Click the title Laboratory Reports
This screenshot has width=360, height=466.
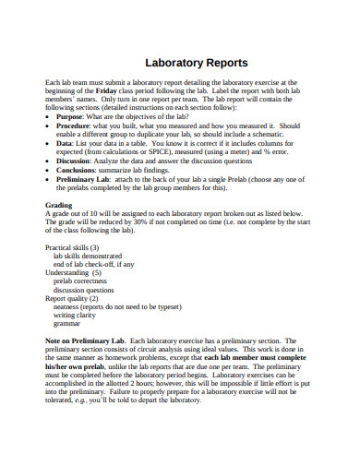tap(197, 64)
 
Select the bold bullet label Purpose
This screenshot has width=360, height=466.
tap(72, 115)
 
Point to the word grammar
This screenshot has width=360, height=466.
tap(67, 324)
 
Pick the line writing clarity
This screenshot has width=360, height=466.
tap(78, 316)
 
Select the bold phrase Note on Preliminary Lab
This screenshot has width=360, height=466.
tap(87, 341)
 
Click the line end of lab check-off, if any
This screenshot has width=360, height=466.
tap(96, 265)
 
